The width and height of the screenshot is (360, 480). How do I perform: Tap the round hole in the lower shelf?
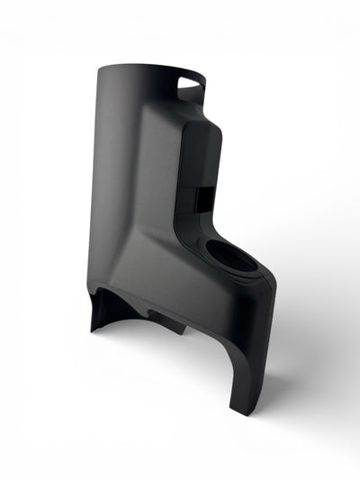236,257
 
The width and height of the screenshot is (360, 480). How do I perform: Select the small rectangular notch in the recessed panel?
204,194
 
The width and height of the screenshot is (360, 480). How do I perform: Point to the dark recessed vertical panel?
200,171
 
